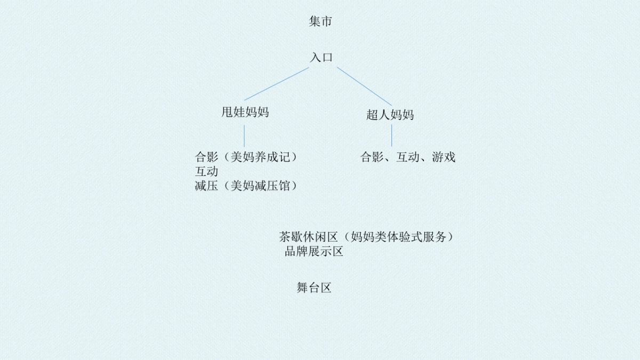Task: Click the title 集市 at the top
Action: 321,22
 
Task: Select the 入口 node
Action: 321,58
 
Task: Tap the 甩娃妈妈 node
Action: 245,112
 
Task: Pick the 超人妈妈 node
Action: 390,115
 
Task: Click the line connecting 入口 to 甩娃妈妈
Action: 276,84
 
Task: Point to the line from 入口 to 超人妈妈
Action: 364,85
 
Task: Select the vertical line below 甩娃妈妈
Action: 245,135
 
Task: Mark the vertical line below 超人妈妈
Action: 391,135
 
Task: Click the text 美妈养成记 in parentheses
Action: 260,157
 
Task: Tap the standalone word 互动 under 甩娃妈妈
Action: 207,172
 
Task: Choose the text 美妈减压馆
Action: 260,186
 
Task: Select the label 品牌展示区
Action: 314,252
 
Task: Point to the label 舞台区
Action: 314,288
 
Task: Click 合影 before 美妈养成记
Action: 207,157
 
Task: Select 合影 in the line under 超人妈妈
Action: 372,157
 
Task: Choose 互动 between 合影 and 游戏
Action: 408,157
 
